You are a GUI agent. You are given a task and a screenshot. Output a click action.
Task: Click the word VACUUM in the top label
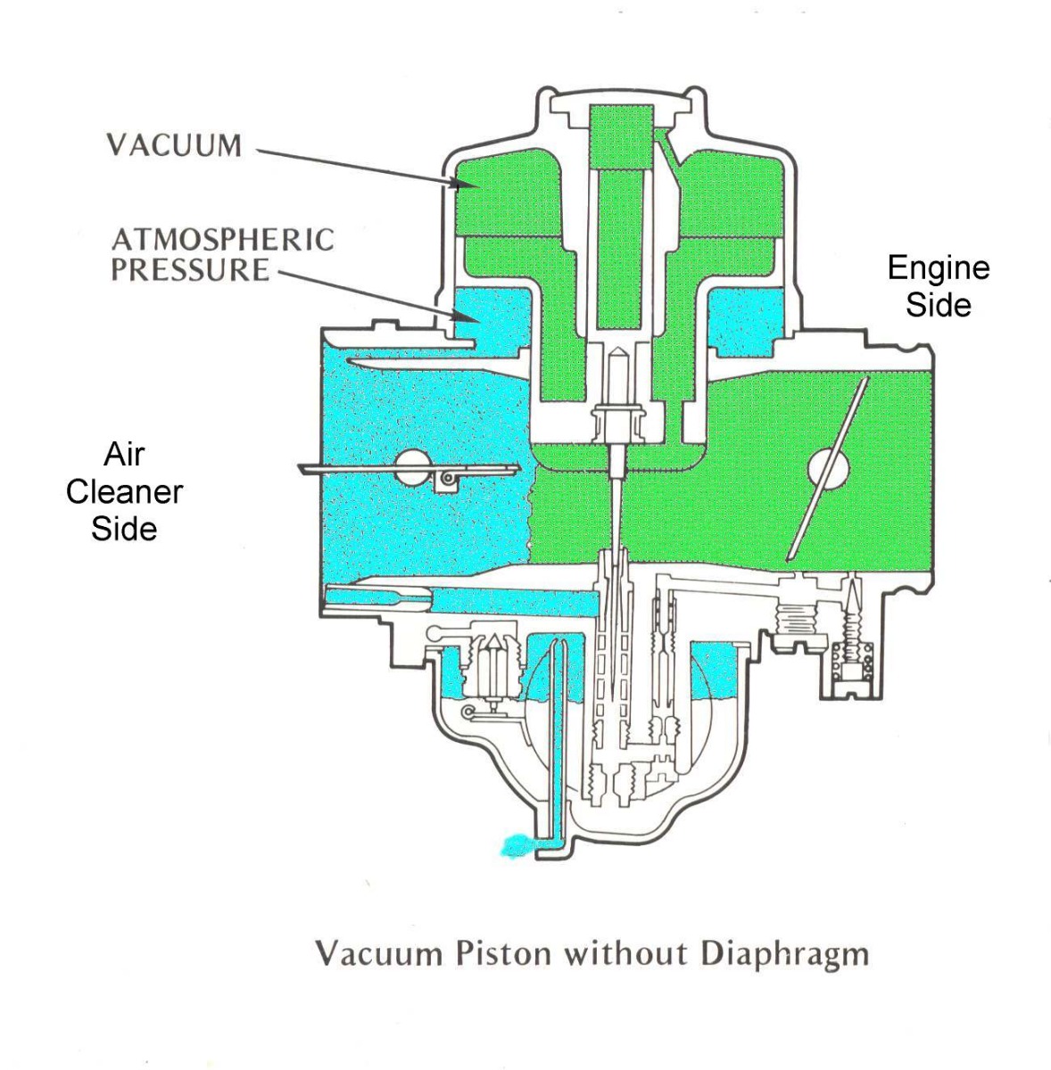point(175,145)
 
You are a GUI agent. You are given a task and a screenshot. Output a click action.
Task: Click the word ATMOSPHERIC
point(223,240)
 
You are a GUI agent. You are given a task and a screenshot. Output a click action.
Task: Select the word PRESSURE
point(190,270)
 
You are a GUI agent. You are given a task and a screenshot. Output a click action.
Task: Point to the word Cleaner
point(125,492)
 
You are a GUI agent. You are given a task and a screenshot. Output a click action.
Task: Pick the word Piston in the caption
point(503,953)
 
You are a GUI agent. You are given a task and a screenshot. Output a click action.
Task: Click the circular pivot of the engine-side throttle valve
point(828,469)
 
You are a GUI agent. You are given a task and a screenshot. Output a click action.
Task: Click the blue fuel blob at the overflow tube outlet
point(519,845)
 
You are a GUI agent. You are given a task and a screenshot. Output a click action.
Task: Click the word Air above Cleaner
point(125,455)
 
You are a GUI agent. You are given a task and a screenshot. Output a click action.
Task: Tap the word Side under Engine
point(939,306)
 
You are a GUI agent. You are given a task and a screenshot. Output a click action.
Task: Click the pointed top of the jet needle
point(617,351)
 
